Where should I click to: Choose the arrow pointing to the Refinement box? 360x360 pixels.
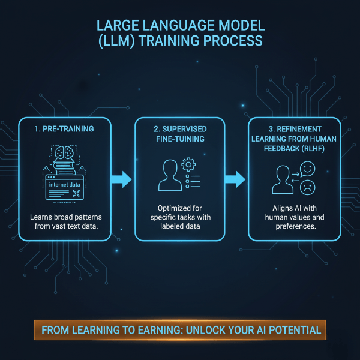[x=235, y=179]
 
